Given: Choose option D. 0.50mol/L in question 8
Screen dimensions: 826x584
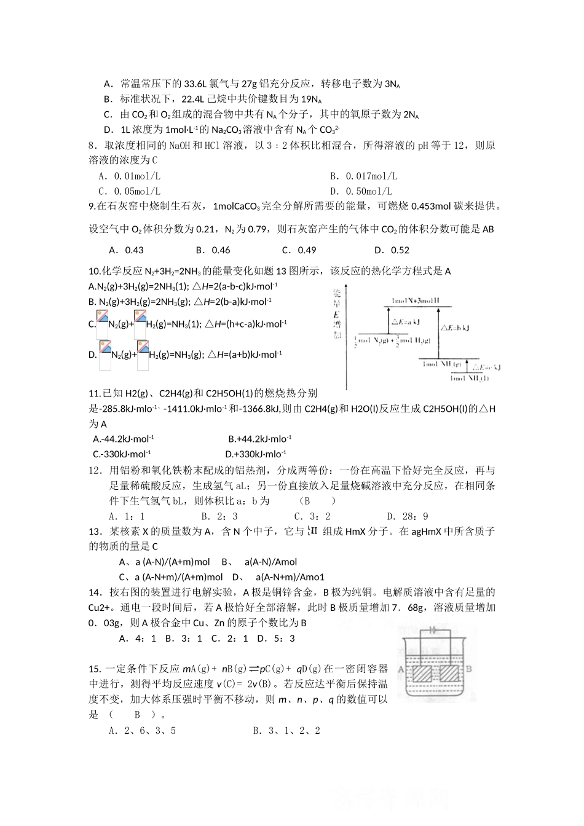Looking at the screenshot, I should [361, 192].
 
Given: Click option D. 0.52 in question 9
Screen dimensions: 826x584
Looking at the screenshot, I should [392, 250].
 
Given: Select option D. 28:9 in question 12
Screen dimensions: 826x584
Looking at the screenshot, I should [408, 517].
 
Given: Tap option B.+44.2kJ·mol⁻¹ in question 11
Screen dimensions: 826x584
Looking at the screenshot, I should [259, 439].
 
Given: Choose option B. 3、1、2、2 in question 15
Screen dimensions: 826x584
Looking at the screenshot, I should [286, 731].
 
